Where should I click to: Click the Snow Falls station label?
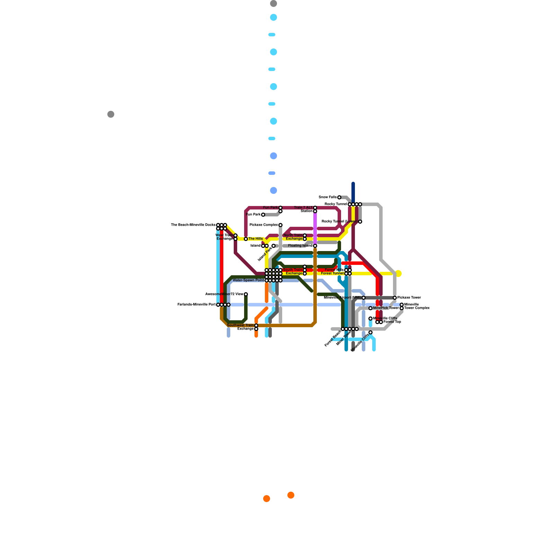[x=328, y=197]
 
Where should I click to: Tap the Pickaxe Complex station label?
[x=263, y=225]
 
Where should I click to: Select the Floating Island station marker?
[x=315, y=246]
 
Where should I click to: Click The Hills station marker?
[x=246, y=239]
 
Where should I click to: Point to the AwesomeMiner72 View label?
[x=224, y=294]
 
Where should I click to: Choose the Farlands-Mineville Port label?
[x=196, y=305]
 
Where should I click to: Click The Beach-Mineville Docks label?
[x=193, y=225]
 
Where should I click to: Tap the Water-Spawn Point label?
[x=248, y=280]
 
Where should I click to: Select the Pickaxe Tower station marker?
[x=395, y=298]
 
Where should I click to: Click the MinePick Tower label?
[x=386, y=308]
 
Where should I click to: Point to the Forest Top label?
[x=392, y=322]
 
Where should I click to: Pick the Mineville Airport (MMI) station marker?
[x=364, y=298]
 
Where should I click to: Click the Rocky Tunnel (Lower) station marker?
[x=360, y=222]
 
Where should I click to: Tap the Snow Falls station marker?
[x=339, y=197]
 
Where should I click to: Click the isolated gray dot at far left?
[x=111, y=114]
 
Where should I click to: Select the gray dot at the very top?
[x=274, y=3]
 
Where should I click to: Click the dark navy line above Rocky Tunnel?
[x=353, y=192]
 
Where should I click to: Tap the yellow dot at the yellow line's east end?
[x=399, y=274]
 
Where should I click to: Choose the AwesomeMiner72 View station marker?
[x=246, y=294]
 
